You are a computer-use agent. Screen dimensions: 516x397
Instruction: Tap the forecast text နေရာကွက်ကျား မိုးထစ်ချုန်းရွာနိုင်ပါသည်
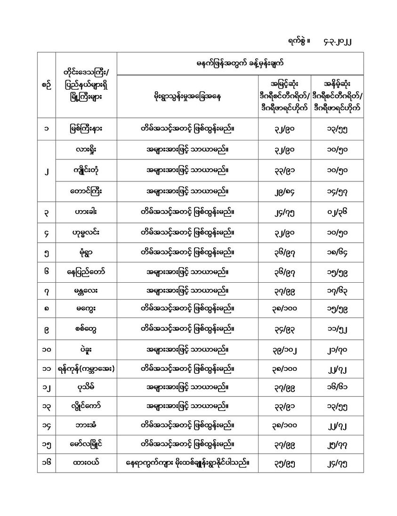pyautogui.click(x=187, y=464)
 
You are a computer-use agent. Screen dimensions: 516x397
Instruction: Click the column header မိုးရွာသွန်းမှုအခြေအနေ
pyautogui.click(x=187, y=97)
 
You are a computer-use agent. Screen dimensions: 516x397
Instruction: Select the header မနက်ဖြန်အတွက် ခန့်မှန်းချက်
pyautogui.click(x=240, y=63)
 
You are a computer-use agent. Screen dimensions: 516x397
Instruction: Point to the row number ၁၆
pyautogui.click(x=46, y=464)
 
